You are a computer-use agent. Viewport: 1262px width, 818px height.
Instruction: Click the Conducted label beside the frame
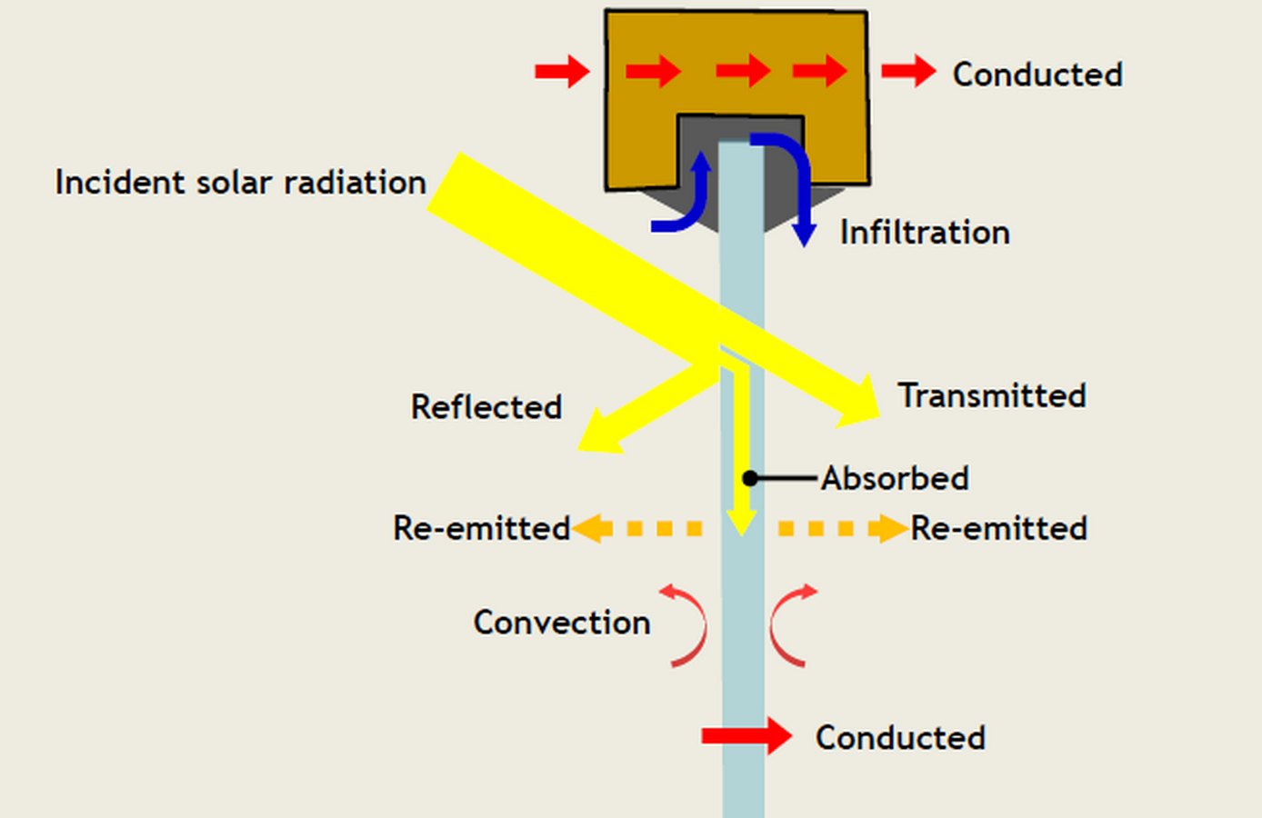pos(1037,75)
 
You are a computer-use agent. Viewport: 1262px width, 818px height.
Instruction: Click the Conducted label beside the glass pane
pos(900,737)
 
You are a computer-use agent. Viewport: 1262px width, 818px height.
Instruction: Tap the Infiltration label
pos(925,232)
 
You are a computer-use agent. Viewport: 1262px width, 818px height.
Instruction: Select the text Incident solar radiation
pos(241,183)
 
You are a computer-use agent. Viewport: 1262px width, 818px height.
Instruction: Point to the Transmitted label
pos(992,395)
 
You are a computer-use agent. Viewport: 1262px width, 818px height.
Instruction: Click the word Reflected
pos(486,406)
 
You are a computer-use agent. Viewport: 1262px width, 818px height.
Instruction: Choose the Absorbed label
pos(895,478)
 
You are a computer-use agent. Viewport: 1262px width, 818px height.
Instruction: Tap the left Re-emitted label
pos(482,528)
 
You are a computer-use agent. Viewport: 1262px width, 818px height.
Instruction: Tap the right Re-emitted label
pos(999,528)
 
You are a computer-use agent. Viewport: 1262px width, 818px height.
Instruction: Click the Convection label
pos(562,623)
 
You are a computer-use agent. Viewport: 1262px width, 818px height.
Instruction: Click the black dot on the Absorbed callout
pos(750,478)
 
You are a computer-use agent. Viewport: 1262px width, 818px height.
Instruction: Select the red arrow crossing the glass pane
pos(746,736)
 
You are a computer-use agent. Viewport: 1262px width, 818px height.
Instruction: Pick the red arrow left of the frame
pos(562,72)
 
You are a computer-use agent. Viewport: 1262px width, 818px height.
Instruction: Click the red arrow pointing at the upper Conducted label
pos(908,72)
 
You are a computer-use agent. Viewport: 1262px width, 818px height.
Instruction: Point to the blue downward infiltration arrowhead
pos(805,234)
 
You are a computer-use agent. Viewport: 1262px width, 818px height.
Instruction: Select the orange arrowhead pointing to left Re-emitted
pos(592,528)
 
